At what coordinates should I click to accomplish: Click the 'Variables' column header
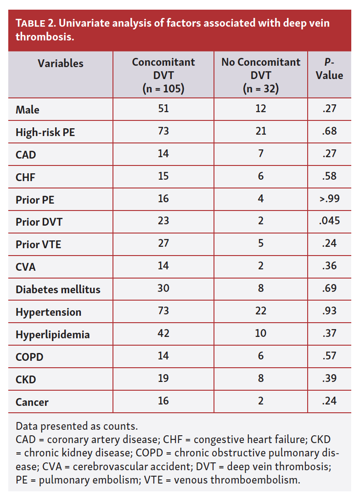point(61,63)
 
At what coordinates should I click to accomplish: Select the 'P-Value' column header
point(329,69)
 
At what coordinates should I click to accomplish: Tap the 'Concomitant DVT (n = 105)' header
point(163,75)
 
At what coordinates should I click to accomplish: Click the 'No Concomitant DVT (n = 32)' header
point(261,75)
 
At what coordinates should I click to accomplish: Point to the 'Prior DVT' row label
point(39,222)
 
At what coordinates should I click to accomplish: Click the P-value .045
point(329,221)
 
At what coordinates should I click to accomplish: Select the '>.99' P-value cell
point(329,199)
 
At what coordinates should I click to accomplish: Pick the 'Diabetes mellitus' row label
point(58,290)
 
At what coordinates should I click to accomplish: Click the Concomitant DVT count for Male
point(163,108)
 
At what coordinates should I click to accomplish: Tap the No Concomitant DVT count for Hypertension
point(261,311)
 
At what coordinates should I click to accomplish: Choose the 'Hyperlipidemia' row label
point(52,335)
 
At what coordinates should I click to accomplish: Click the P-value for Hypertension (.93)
point(329,311)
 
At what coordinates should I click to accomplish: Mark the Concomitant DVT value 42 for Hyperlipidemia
point(163,333)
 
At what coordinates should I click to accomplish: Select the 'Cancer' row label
point(32,402)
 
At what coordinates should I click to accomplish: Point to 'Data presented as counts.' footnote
point(77,425)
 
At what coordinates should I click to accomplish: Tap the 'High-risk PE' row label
point(45,132)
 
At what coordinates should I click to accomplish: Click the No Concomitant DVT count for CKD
point(261,378)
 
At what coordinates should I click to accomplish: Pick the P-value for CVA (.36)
point(329,266)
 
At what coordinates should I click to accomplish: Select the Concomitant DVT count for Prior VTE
point(163,243)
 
